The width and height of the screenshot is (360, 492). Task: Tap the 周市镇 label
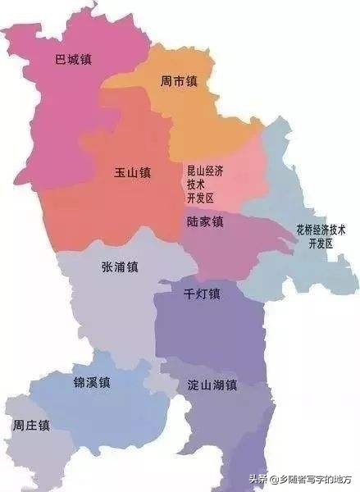coord(179,82)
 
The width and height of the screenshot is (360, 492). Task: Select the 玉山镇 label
coord(133,174)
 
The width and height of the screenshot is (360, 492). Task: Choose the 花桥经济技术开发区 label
coord(321,236)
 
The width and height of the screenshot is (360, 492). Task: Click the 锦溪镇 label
coord(90,383)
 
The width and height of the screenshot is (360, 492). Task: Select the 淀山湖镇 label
coord(212,385)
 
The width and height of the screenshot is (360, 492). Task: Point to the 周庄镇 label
coord(31,426)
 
